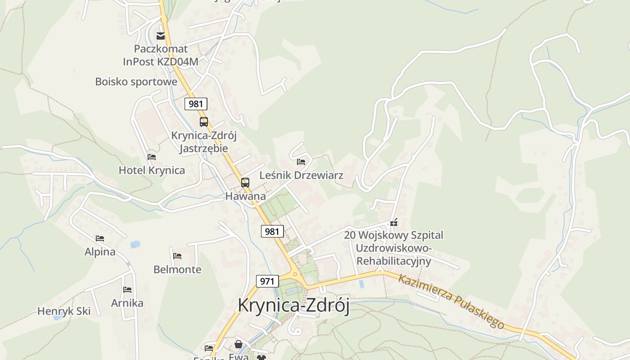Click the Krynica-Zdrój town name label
(x=293, y=305)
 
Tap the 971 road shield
(x=267, y=281)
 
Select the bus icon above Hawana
(x=245, y=183)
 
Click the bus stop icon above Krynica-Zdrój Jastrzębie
(x=204, y=121)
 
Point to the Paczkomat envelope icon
(x=161, y=36)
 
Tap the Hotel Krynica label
(x=152, y=170)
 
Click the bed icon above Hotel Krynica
(x=152, y=157)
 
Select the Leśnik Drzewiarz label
(x=301, y=175)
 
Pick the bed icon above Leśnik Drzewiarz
(x=301, y=162)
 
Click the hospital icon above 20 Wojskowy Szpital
(x=394, y=222)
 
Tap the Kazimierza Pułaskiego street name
(x=451, y=301)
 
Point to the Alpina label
(x=100, y=252)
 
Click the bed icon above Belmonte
(x=177, y=256)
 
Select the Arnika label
(x=127, y=303)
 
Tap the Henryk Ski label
(x=64, y=311)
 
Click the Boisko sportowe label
(x=136, y=81)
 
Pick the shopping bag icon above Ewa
(x=238, y=344)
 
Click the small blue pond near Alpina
(x=135, y=244)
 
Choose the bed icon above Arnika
(x=127, y=289)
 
